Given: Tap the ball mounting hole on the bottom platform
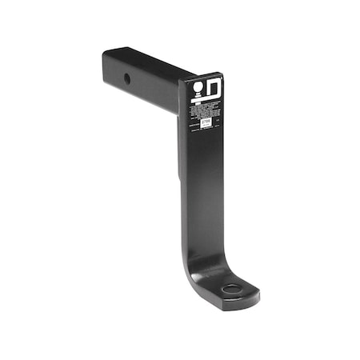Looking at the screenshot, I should click(231, 288).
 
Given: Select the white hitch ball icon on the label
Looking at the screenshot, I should click(196, 86).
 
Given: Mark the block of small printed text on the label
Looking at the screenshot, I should click(204, 110).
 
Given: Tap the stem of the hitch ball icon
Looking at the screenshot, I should click(196, 93).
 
